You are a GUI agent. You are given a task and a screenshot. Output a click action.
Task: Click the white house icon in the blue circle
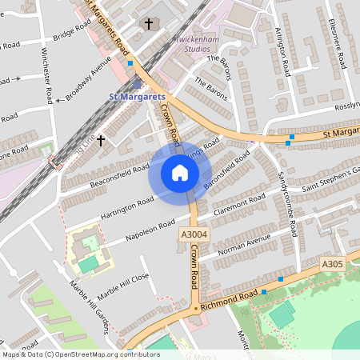[x=180, y=173]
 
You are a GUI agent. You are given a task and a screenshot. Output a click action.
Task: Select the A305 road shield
[x=332, y=263]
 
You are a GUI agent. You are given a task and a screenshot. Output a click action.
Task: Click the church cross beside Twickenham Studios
[x=148, y=24]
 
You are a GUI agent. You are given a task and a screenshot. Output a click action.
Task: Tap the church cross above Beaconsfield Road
[x=101, y=140]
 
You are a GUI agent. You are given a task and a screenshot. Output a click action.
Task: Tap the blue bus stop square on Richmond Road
[x=282, y=279]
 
